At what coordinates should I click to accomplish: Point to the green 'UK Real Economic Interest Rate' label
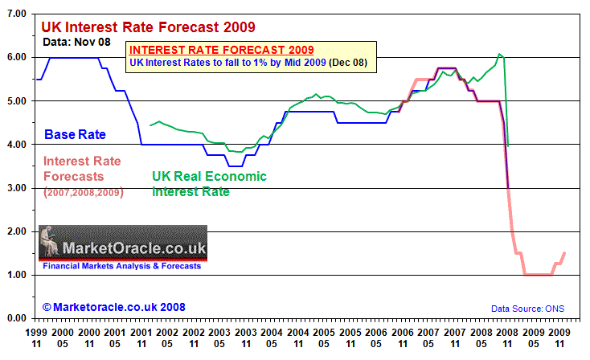point(209,184)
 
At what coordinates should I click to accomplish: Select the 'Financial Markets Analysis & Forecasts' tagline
point(122,265)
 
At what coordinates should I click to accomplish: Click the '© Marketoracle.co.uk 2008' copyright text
point(103,307)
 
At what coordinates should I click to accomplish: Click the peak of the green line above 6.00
point(499,55)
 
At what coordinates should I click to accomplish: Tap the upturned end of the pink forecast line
point(563,253)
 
